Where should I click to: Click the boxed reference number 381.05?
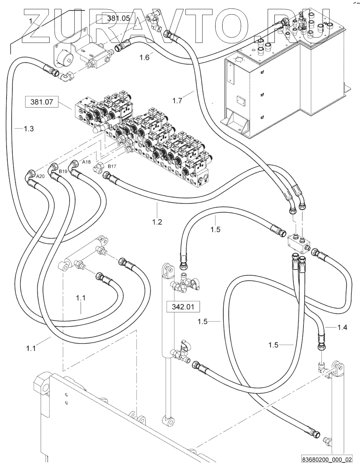[118, 18]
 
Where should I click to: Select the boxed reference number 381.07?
[42, 102]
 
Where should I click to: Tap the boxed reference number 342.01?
[183, 307]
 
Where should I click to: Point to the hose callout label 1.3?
[29, 129]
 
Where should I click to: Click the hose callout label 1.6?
[144, 58]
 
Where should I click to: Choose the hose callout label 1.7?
[177, 101]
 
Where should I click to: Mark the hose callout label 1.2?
[157, 222]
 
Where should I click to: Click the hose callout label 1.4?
[342, 328]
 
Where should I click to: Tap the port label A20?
[40, 176]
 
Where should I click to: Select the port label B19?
[63, 171]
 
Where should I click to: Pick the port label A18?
[87, 162]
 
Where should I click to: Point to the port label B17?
[112, 166]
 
